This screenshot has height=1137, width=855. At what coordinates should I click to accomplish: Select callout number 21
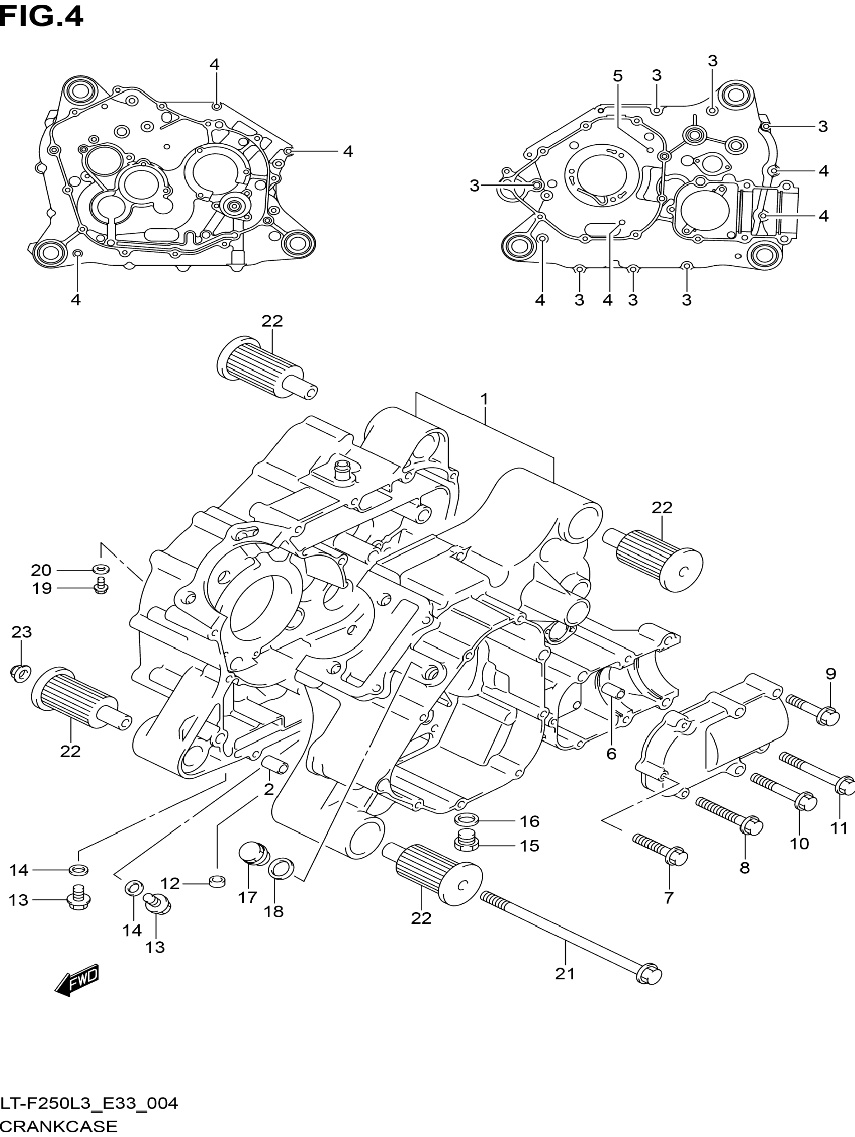(x=565, y=974)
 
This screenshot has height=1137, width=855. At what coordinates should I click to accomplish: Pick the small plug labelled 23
(x=19, y=672)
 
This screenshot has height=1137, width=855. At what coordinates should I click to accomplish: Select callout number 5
(x=618, y=76)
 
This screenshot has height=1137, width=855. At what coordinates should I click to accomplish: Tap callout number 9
(x=831, y=674)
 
